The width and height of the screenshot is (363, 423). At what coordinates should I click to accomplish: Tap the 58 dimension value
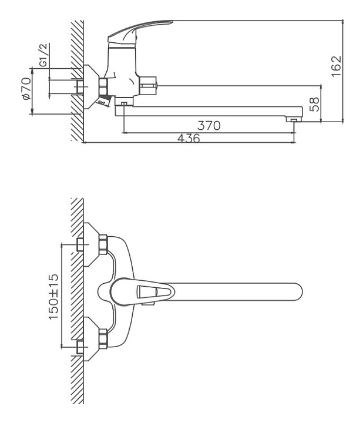(x=315, y=105)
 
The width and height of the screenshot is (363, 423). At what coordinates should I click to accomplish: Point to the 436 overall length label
(x=189, y=139)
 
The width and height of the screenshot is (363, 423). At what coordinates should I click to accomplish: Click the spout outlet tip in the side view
(x=291, y=120)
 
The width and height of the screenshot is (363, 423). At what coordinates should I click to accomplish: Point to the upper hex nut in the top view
(x=104, y=243)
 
